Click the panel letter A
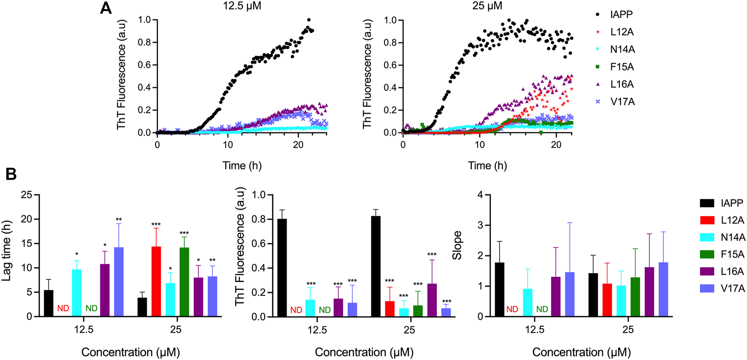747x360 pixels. [106, 8]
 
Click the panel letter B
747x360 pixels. [11, 174]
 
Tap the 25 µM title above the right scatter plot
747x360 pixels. [487, 6]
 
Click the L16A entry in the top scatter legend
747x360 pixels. [622, 84]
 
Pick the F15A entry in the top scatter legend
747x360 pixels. [622, 67]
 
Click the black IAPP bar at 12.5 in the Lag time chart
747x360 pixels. [49, 303]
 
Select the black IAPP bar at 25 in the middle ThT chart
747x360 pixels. [376, 266]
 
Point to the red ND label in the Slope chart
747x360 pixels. [512, 309]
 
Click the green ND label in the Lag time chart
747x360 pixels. [91, 309]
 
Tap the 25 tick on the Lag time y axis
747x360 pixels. [27, 195]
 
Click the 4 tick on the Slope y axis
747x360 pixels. [480, 195]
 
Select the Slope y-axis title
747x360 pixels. [457, 246]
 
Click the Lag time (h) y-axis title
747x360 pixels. [7, 251]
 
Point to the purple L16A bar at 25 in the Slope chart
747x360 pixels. [649, 292]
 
